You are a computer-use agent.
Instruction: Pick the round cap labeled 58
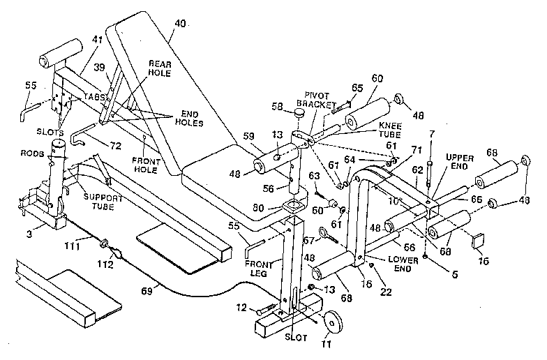[299, 112]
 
